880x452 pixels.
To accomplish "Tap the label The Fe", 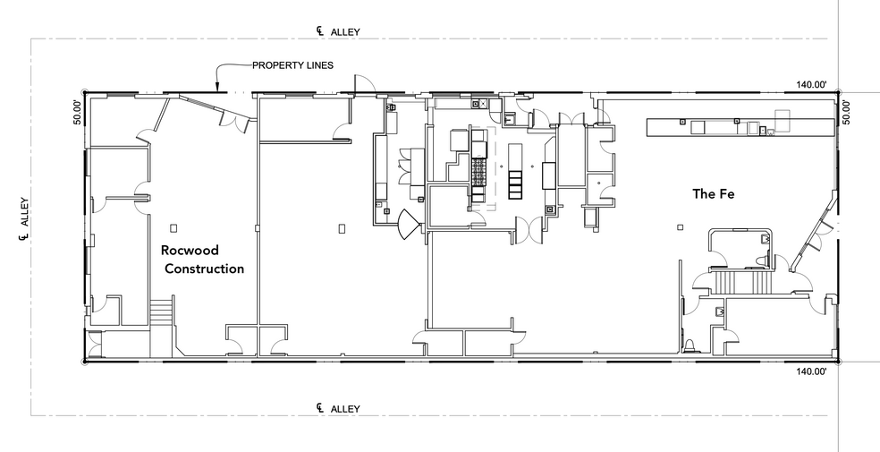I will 713,193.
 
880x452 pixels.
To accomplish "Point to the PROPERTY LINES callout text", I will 292,65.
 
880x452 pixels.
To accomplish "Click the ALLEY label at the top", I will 344,31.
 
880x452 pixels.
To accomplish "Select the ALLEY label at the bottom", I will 344,408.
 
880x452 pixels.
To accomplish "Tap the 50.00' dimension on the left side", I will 77,111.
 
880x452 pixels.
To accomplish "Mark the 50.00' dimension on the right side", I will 846,111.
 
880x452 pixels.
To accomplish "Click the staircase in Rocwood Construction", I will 160,314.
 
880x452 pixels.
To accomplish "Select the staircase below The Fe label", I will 742,284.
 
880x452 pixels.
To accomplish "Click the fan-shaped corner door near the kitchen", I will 408,221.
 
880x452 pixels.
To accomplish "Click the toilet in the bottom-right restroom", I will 691,345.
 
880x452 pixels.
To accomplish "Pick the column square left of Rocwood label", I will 174,227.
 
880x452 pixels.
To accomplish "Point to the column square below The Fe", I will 681,227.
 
